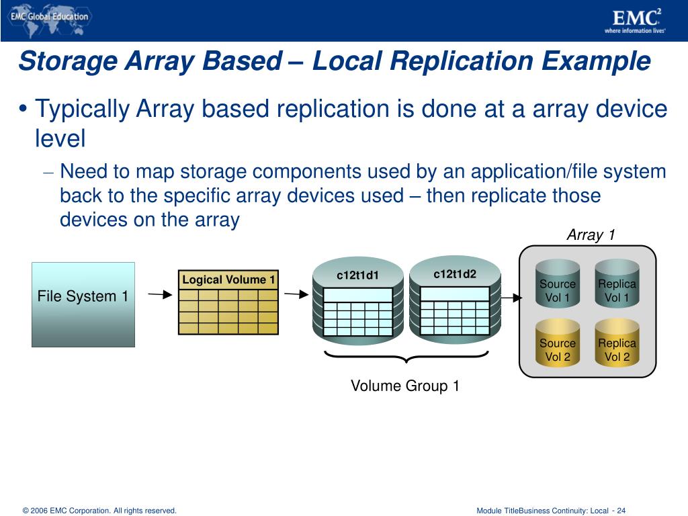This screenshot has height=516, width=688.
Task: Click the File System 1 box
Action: coord(83,304)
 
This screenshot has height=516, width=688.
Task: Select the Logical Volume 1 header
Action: coord(228,279)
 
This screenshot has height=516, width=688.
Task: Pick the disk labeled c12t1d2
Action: coord(455,298)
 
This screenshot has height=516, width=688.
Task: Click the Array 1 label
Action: coord(591,234)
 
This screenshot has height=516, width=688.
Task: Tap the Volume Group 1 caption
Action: coord(405,386)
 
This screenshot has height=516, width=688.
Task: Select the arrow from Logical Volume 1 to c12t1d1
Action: coord(296,294)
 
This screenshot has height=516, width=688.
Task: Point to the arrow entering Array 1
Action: coord(511,298)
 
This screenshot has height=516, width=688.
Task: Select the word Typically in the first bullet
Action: coord(83,109)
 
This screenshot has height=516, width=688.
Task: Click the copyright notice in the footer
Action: coord(99,511)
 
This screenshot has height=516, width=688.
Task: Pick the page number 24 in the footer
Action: coord(621,511)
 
